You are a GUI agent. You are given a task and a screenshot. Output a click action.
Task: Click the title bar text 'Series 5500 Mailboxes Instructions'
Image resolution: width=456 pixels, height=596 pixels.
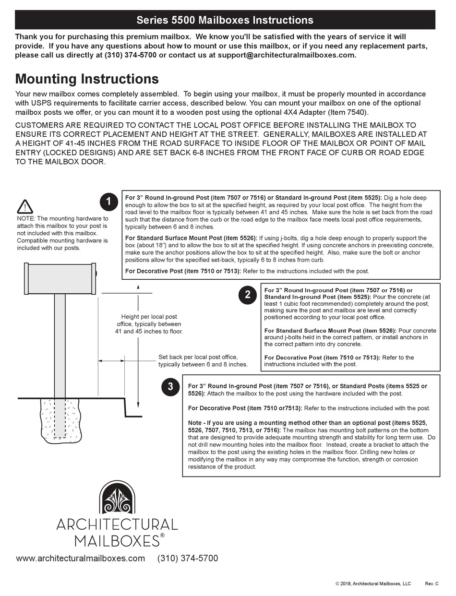[225, 20]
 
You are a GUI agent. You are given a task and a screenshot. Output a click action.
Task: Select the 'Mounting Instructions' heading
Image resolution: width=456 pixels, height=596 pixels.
[87, 79]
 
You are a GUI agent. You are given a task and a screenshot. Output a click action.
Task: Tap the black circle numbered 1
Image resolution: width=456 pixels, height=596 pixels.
[108, 202]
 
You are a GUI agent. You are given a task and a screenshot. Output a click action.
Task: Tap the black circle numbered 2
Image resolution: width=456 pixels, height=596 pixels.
[247, 294]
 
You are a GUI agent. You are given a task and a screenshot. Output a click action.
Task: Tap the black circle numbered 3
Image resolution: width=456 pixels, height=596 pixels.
[170, 386]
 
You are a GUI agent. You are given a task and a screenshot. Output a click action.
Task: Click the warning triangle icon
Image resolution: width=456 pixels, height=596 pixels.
[25, 207]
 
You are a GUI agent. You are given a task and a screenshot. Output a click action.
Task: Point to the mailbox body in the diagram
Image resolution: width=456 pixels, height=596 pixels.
[60, 279]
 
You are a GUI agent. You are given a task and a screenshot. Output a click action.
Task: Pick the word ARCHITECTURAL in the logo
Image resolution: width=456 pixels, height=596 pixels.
[117, 524]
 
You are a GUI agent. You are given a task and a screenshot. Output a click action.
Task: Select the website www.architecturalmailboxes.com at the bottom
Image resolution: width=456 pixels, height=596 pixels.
[80, 558]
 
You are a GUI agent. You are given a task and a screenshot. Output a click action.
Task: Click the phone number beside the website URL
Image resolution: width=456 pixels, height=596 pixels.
[188, 558]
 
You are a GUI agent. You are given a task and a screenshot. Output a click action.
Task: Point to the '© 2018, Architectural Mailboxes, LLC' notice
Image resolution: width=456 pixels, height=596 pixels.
[373, 584]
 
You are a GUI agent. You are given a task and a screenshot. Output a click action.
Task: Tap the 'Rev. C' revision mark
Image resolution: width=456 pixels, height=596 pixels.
[432, 584]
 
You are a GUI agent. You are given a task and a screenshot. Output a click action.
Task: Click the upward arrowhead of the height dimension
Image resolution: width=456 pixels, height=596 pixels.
[138, 287]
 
